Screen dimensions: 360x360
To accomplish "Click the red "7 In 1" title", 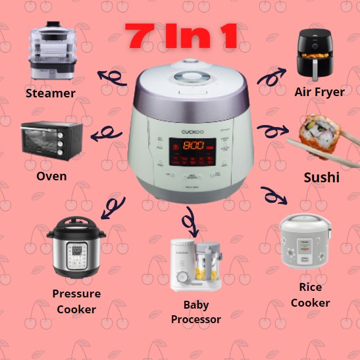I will pos(182,38).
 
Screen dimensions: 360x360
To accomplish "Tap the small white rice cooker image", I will pos(305,244).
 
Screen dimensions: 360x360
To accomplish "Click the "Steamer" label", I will pos(50,93).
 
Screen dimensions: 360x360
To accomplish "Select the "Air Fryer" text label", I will pos(321,92).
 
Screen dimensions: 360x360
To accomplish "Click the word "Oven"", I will pos(52,176).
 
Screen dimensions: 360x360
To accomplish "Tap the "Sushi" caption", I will pos(321,178).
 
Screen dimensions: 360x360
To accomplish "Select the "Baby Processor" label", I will pos(195,313).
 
